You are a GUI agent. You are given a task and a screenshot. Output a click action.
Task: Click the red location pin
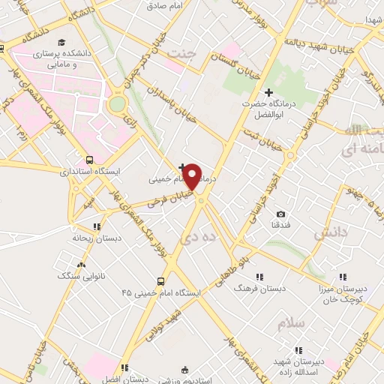(193, 175)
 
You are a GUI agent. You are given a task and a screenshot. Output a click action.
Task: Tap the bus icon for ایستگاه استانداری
(90, 160)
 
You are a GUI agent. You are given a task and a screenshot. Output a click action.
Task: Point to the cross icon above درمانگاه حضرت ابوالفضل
(268, 91)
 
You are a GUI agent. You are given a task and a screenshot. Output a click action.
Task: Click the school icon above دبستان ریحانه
(96, 225)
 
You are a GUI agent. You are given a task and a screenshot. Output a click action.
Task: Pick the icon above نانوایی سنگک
(82, 264)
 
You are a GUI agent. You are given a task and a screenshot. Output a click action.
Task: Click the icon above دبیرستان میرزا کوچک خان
(343, 276)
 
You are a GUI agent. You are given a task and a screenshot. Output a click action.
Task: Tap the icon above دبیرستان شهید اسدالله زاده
(298, 349)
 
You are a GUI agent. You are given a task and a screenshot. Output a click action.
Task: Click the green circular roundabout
(117, 105)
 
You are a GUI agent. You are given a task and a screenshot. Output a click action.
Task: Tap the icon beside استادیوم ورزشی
(185, 370)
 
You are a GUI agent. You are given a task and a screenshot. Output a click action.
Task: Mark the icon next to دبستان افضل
(123, 368)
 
